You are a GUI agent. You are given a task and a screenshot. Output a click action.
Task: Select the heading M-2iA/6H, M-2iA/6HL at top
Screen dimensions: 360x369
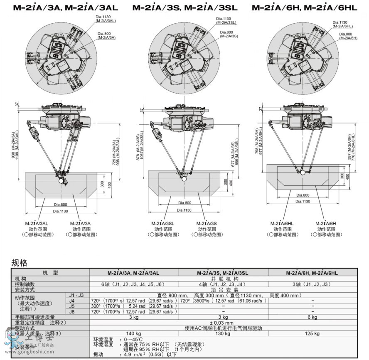pos(304,7)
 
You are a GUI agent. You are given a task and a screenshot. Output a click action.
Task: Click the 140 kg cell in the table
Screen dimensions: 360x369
pos(134,333)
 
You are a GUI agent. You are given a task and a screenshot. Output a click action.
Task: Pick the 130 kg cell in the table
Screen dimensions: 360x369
pos(223,333)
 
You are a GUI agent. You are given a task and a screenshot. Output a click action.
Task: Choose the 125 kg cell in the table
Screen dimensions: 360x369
pos(312,333)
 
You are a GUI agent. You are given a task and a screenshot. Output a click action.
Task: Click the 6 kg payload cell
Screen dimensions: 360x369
pos(312,317)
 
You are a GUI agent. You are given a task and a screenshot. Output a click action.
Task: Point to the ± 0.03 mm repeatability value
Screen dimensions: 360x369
pos(223,323)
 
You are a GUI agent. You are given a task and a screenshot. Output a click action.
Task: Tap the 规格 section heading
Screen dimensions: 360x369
pos(19,263)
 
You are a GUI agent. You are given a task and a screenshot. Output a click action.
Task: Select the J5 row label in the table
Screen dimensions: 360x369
pos(72,306)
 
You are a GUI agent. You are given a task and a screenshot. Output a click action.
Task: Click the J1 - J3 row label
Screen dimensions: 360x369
pos(72,295)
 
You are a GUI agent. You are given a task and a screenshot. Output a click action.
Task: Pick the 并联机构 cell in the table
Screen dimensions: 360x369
pos(223,279)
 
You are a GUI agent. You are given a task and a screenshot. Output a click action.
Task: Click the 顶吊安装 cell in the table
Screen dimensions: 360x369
pos(223,290)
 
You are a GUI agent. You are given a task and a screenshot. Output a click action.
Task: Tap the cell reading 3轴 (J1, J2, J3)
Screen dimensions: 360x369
pos(312,284)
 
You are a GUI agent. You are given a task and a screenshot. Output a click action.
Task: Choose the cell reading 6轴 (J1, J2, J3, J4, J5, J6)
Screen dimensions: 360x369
pos(134,284)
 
